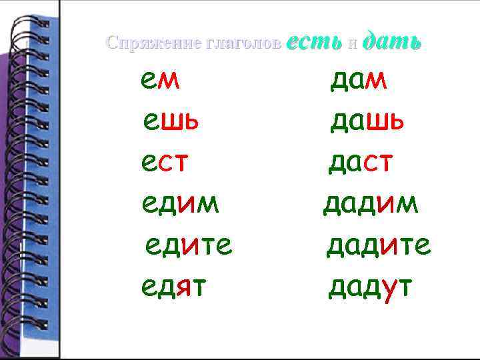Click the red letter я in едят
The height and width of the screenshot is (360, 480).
pyautogui.click(x=184, y=287)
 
